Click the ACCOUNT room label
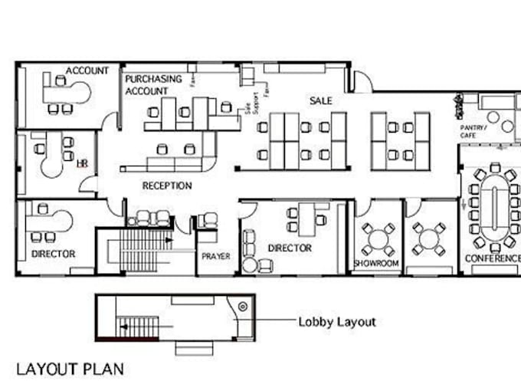click(87, 71)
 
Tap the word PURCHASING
click(153, 79)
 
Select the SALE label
click(320, 100)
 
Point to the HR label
click(81, 163)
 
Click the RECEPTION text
click(167, 186)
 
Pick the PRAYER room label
click(215, 256)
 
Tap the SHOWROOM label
click(376, 263)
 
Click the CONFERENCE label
click(492, 258)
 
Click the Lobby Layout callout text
click(336, 322)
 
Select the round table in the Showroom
click(378, 238)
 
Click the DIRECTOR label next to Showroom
click(290, 248)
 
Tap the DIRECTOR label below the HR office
click(53, 254)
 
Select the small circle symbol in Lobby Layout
click(242, 306)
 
